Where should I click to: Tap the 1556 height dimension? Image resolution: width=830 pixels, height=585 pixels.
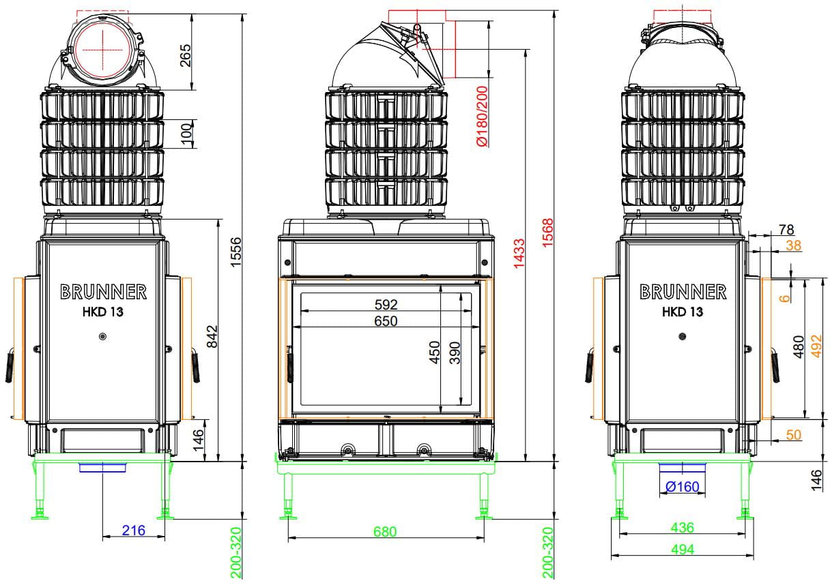pos(235,252)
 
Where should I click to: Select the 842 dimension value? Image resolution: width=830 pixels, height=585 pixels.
pos(212,336)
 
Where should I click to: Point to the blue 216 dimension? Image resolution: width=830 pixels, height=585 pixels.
pos(133,530)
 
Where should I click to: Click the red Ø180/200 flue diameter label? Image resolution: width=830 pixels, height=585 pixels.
pos(483,116)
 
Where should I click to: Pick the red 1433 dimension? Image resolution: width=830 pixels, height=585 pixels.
pos(519,254)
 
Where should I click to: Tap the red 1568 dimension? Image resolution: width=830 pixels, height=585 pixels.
pos(547,232)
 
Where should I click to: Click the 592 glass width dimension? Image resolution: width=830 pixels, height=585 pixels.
pos(386,305)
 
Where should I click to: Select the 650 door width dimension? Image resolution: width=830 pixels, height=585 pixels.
pos(386,321)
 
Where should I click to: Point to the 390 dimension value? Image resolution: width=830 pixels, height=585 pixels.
pos(455,352)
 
